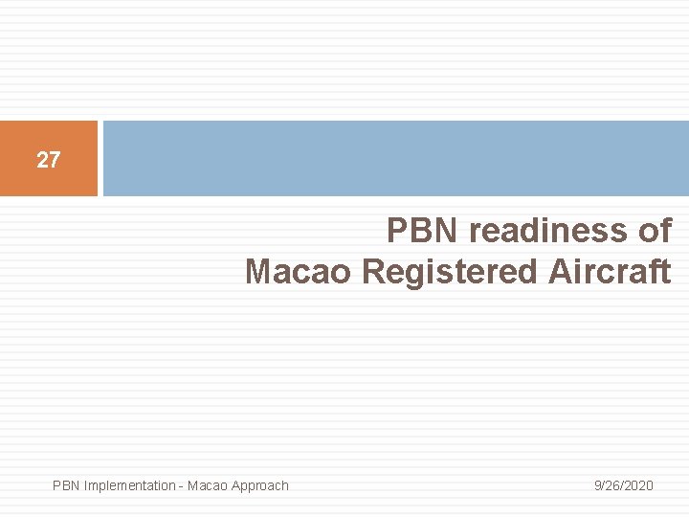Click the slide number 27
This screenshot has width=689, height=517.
point(48,160)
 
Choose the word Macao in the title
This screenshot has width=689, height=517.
point(300,273)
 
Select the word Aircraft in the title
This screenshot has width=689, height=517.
point(610,273)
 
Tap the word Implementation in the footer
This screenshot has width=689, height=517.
point(128,485)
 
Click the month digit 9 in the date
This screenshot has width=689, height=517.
point(597,485)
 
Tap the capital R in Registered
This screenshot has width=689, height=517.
point(373,273)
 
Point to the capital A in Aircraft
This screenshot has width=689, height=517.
point(560,273)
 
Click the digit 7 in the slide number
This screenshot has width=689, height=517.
point(54,160)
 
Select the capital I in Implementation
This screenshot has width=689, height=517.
point(86,485)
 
